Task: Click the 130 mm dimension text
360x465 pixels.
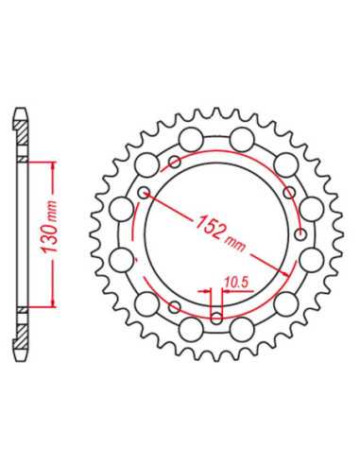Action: (x=49, y=226)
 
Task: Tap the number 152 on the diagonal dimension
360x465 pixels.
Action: (x=210, y=225)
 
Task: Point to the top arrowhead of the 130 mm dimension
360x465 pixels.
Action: (x=53, y=165)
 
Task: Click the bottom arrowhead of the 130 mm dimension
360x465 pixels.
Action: (x=53, y=302)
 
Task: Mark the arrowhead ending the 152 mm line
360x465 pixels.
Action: (x=285, y=273)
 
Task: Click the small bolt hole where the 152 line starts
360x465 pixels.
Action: (x=145, y=192)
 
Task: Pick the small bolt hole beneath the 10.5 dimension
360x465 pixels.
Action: (x=216, y=318)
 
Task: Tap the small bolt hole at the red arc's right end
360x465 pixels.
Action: (x=301, y=234)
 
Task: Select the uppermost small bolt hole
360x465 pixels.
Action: (x=175, y=163)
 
